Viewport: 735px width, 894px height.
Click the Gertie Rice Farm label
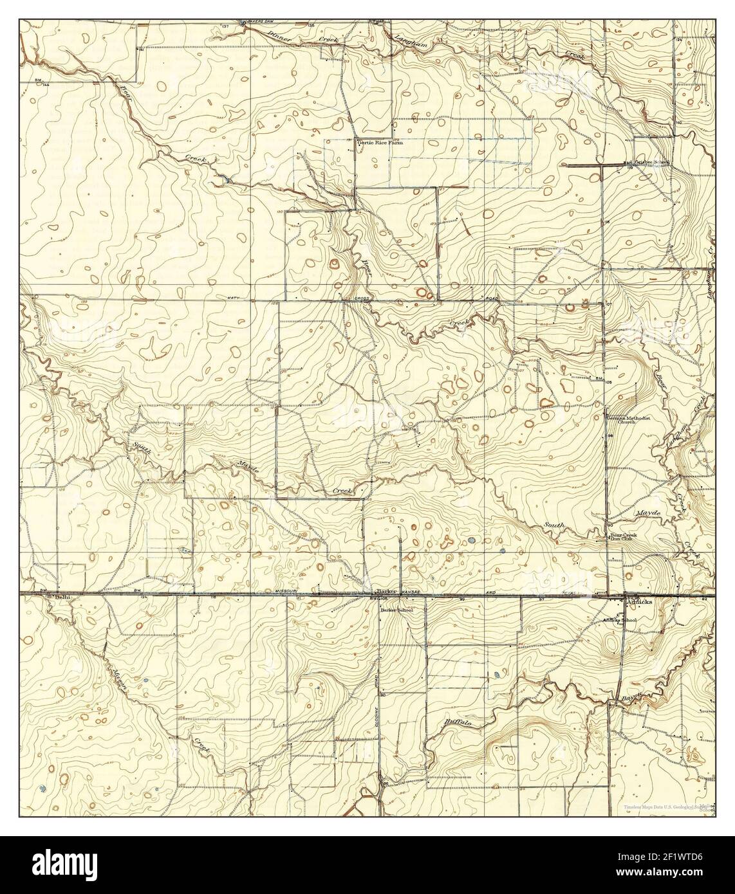tap(380, 143)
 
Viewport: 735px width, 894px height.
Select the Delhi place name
tap(62, 598)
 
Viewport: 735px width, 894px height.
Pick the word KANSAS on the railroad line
tap(410, 591)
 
